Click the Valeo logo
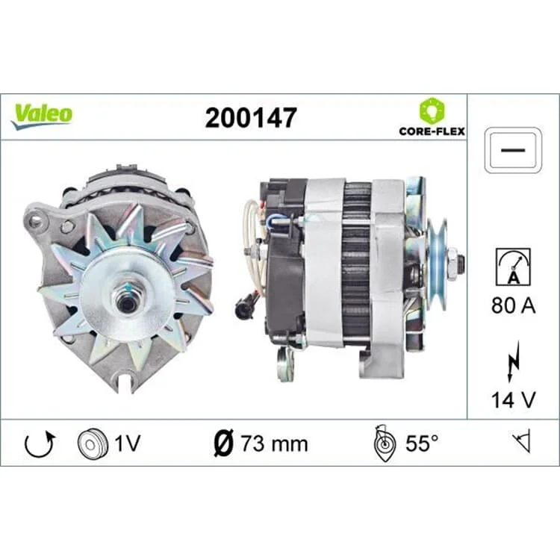42,116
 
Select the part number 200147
251,118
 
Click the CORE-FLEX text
432,131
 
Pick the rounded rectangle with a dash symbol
513,150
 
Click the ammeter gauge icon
513,267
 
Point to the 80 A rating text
513,305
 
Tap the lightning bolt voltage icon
513,362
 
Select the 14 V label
513,400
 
